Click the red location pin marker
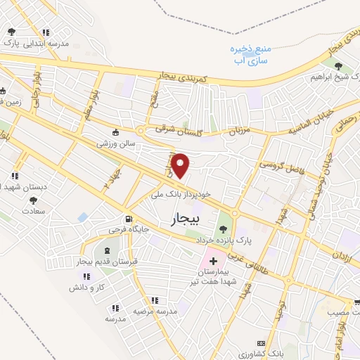coord(181,165)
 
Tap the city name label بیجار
coord(185,220)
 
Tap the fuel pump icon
coord(128,218)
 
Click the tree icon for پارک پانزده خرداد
coord(224,227)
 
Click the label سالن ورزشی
coord(115,143)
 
